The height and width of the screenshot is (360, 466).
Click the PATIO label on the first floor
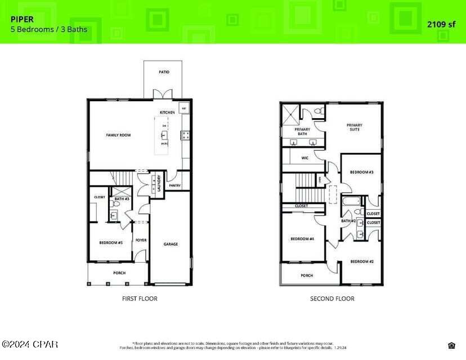pos(164,72)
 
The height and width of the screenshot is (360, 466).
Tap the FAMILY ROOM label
pos(119,135)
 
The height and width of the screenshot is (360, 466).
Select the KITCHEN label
pos(167,112)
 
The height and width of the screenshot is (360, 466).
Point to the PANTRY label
pos(174,185)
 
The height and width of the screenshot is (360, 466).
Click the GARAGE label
pos(171,244)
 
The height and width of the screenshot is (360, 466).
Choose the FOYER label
pos(141,240)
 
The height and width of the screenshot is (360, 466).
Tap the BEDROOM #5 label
pos(111,242)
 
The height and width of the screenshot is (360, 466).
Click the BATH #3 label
pos(122,199)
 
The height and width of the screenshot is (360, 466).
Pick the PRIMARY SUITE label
pos(354,127)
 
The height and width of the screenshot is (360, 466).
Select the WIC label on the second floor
pos(305,158)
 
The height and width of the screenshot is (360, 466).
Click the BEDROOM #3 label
pos(362,172)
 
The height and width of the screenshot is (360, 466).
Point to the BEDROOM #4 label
pos(302,239)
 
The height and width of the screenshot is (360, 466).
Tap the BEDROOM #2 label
pos(362,262)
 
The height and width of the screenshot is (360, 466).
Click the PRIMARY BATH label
pos(303,132)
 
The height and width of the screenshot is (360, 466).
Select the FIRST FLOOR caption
pos(140,299)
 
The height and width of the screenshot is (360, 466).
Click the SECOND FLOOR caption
pos(332,299)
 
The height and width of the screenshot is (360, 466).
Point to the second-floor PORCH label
pos(307,276)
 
